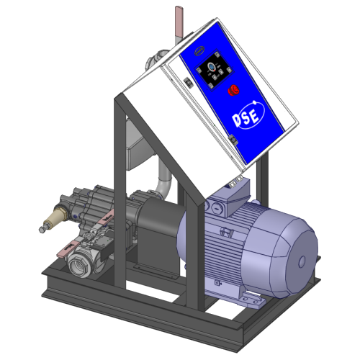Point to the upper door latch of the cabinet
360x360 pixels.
[187, 81]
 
